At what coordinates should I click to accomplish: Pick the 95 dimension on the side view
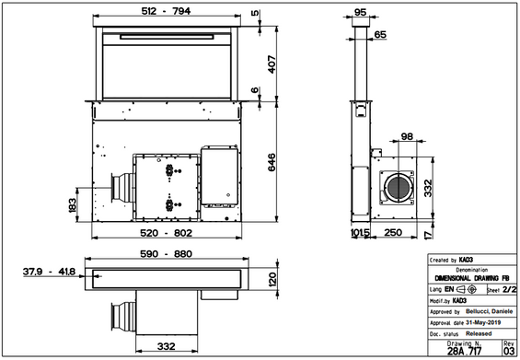360,13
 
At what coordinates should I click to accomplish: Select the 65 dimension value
380,34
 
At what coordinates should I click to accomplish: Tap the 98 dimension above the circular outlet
407,138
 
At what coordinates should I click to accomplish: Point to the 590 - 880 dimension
165,254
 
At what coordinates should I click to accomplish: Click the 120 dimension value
272,280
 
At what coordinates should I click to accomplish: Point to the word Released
479,332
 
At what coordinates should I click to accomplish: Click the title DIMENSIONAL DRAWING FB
471,278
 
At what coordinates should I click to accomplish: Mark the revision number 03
510,351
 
